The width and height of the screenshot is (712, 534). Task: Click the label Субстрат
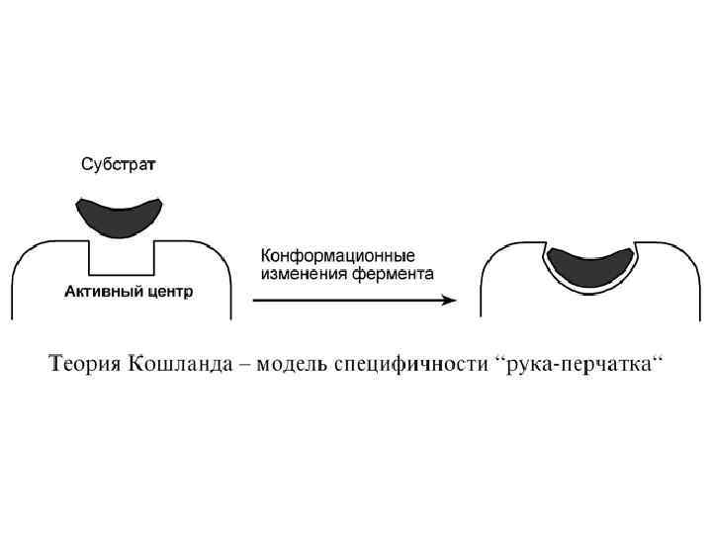coord(118,164)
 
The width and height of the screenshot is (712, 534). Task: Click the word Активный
coord(95,293)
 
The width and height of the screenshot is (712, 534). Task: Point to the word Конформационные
coord(337,254)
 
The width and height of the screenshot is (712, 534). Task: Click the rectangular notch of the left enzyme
coord(121,259)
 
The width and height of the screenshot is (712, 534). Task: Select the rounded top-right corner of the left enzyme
coord(220,251)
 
